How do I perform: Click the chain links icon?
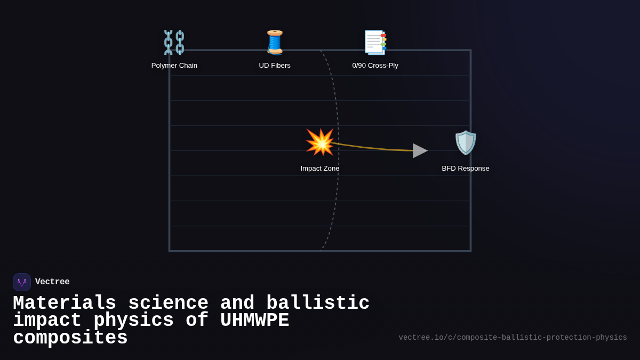(x=174, y=43)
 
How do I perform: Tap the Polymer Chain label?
(x=174, y=66)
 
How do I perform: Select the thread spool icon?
(x=275, y=43)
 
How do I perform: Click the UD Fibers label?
(x=275, y=66)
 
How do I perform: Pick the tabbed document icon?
(x=375, y=43)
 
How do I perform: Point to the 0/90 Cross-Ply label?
(x=375, y=66)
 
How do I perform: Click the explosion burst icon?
(x=320, y=142)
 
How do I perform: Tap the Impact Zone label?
(x=320, y=169)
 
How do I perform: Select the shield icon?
(x=466, y=142)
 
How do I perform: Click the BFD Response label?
(x=466, y=169)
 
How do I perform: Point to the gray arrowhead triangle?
(x=420, y=150)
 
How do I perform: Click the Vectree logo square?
(x=22, y=282)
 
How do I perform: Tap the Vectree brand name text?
(x=52, y=282)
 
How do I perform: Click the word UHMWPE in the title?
(x=254, y=321)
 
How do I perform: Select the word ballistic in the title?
(x=318, y=303)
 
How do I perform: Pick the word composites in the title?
(x=70, y=338)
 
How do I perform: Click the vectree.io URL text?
(x=513, y=338)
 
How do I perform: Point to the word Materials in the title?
(x=65, y=303)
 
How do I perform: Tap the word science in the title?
(x=168, y=303)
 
